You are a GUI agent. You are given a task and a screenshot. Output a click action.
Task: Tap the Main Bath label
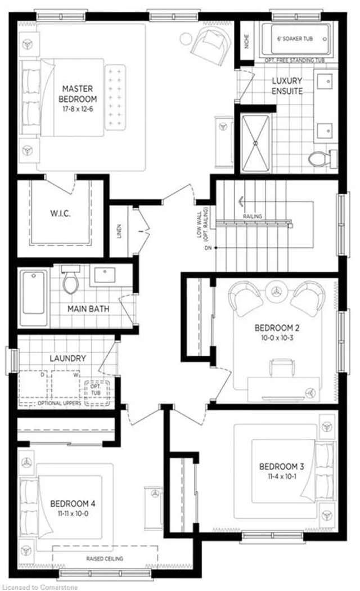88,309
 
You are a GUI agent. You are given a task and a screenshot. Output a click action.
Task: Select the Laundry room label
67,358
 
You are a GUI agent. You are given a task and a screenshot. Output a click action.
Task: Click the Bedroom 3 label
282,467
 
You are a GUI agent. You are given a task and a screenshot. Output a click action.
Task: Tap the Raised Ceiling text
105,558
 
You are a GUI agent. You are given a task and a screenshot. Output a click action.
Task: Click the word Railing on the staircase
252,216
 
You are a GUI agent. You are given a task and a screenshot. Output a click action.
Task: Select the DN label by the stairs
208,248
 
